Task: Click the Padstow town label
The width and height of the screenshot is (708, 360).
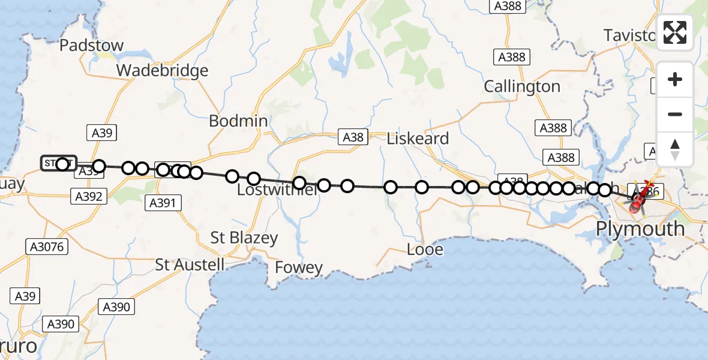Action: [92, 46]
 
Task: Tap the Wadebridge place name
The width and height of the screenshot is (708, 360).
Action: [162, 71]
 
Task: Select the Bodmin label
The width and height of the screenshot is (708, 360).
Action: [238, 121]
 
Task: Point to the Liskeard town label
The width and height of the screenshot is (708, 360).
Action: [418, 139]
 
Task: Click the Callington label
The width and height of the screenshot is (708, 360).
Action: [522, 87]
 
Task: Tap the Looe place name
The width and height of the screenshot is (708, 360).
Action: [425, 250]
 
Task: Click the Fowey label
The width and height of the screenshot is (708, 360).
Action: [299, 268]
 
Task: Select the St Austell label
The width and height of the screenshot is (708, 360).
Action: [190, 265]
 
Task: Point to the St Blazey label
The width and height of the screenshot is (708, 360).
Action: [244, 238]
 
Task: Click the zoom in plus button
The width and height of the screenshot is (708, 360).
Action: [675, 80]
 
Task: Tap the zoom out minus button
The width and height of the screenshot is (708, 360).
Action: [675, 114]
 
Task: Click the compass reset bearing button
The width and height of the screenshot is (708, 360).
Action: [675, 149]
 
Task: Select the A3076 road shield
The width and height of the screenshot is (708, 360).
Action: [48, 246]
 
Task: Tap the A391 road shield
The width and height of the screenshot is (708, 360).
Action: [163, 203]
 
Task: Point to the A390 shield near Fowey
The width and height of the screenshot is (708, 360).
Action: [116, 307]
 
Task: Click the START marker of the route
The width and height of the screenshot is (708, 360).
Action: [58, 163]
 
